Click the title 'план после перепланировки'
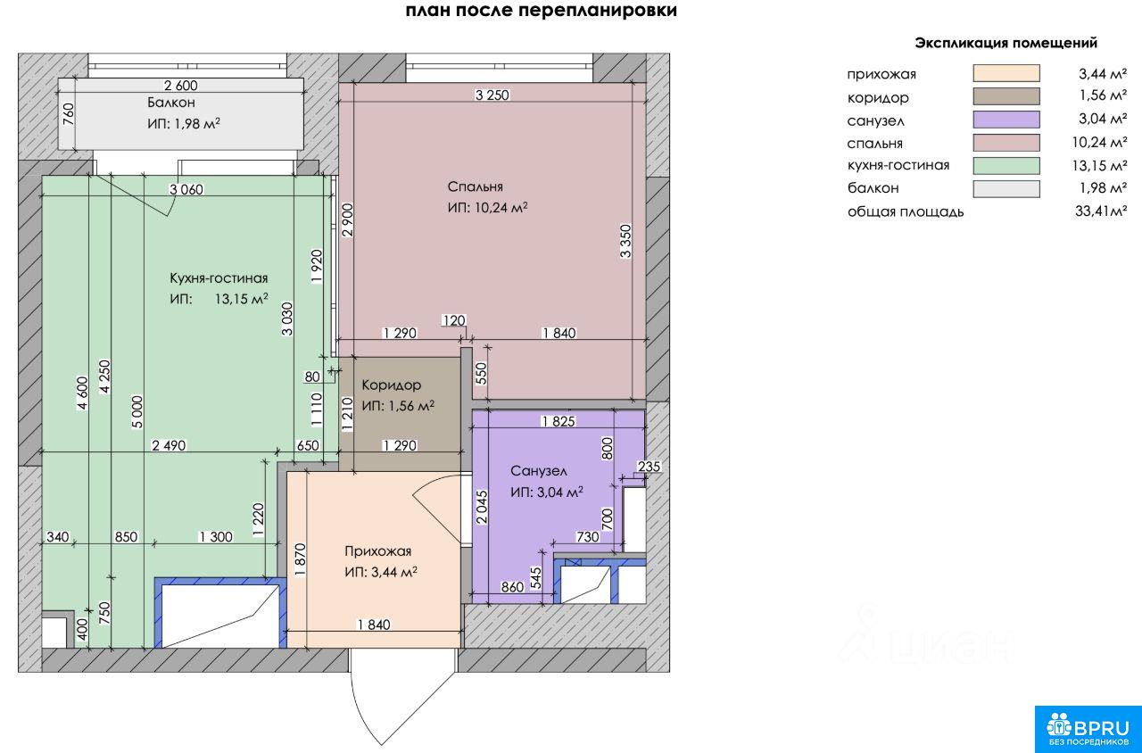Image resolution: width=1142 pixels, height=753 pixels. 541,10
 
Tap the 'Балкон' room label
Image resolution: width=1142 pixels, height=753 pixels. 171,103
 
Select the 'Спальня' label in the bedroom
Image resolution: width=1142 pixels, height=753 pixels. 476,186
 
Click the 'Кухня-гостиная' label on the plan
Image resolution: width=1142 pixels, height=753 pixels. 219,277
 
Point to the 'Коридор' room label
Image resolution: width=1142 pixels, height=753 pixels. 392,385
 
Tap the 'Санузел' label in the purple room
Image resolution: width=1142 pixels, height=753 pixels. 538,471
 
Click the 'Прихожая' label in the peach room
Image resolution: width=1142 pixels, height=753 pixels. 377,551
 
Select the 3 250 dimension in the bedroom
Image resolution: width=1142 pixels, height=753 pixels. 492,95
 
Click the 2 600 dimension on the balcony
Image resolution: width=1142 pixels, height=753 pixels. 180,85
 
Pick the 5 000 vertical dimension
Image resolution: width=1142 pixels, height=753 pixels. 137,412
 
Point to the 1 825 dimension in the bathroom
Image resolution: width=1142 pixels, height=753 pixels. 559,422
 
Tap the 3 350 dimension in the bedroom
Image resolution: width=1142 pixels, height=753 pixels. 625,241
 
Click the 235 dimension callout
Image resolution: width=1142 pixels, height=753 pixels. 649,467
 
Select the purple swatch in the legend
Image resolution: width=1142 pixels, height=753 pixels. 1005,120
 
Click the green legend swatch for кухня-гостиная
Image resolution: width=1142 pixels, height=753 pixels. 1005,166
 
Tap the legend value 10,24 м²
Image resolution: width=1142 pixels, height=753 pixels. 1099,142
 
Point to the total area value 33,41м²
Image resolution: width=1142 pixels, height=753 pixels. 1101,211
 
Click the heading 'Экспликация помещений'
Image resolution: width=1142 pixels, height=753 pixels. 1005,43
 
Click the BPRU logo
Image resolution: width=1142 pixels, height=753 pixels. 1088,729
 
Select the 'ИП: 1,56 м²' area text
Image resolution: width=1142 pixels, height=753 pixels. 398,406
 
